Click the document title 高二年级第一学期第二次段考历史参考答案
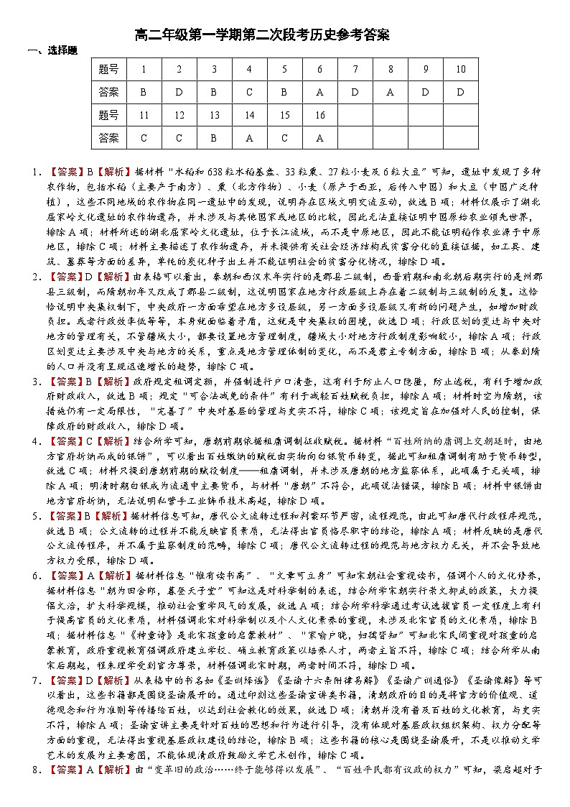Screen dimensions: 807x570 point(262,35)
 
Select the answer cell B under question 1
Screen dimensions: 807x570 point(144,92)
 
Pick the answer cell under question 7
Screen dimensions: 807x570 point(355,92)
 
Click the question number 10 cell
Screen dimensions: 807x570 point(460,70)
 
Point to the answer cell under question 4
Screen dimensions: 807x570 point(249,92)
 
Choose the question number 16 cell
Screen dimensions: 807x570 point(319,115)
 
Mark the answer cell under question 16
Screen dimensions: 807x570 point(319,137)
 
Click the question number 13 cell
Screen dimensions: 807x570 point(214,115)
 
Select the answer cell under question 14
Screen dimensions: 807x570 point(249,137)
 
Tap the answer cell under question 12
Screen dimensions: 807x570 point(179,137)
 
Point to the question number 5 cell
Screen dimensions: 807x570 point(284,70)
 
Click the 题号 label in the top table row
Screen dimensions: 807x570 point(110,70)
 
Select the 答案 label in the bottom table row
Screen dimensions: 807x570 point(110,137)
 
